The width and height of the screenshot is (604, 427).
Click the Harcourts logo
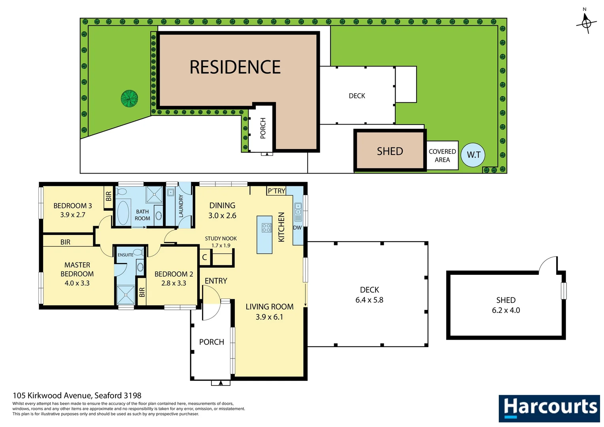point(549,408)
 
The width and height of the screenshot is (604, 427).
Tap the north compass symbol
point(586,23)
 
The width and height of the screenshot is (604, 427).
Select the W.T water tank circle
point(473,155)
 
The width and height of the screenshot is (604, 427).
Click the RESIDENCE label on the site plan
point(235,67)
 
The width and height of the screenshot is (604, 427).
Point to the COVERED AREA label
point(442,156)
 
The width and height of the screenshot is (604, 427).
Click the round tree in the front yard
point(129,98)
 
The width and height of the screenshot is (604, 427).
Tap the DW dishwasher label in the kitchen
point(297,228)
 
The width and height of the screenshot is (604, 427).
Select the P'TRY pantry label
point(276,191)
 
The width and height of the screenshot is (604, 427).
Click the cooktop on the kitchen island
point(266,228)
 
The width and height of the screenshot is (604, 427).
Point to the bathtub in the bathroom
point(123,213)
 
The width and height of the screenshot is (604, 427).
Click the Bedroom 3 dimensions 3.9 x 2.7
point(73,215)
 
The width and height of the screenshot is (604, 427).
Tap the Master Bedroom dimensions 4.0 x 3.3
point(77,283)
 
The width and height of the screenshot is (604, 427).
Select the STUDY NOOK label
point(221,238)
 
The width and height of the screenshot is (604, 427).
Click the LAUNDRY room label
point(181,206)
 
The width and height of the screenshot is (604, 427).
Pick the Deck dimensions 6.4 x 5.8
point(369,300)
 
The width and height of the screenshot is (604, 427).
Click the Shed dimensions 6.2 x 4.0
point(506,310)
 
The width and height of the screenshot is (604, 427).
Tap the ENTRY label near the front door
point(216,281)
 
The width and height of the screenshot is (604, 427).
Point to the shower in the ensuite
point(126,295)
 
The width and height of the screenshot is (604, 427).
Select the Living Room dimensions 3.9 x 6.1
point(269,317)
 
